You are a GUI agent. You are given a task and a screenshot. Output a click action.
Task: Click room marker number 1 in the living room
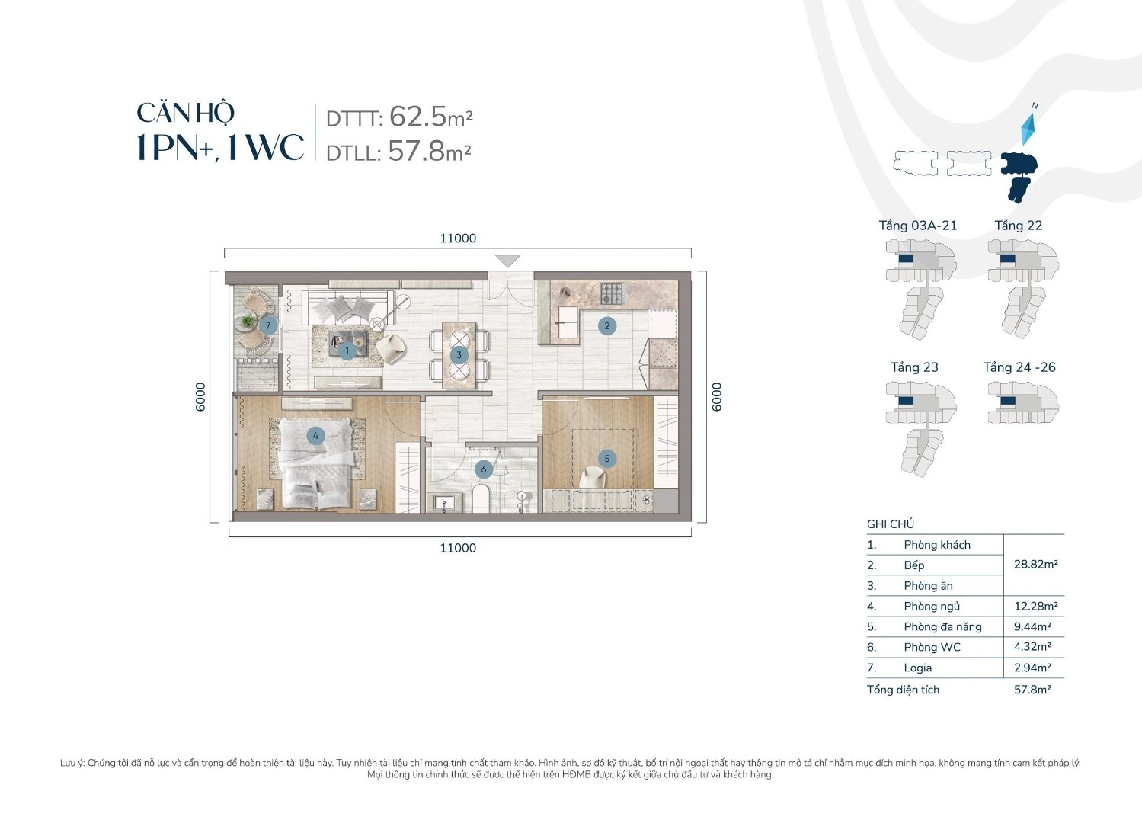[347, 351]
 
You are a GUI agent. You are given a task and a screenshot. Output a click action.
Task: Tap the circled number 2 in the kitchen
[606, 326]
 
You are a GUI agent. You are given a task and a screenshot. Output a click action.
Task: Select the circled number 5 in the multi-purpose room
[606, 458]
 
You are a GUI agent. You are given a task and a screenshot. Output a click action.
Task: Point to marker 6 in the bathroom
[483, 469]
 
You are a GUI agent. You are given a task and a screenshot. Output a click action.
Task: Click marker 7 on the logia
[267, 325]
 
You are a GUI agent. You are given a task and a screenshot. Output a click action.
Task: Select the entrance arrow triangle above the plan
[507, 261]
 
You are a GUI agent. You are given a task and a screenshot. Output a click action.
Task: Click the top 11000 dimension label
[457, 239]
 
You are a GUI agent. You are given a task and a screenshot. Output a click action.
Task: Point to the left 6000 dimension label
[200, 397]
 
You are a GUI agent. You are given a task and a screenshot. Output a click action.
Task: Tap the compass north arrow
[1028, 126]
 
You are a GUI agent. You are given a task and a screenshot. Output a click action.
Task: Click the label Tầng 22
[1018, 226]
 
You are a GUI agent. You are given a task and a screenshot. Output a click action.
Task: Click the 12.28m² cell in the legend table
[1035, 607]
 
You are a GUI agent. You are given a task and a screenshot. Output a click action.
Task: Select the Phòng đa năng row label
[942, 627]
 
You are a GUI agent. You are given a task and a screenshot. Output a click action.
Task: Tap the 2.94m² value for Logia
[1032, 668]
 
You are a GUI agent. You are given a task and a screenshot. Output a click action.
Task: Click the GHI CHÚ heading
[890, 524]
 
